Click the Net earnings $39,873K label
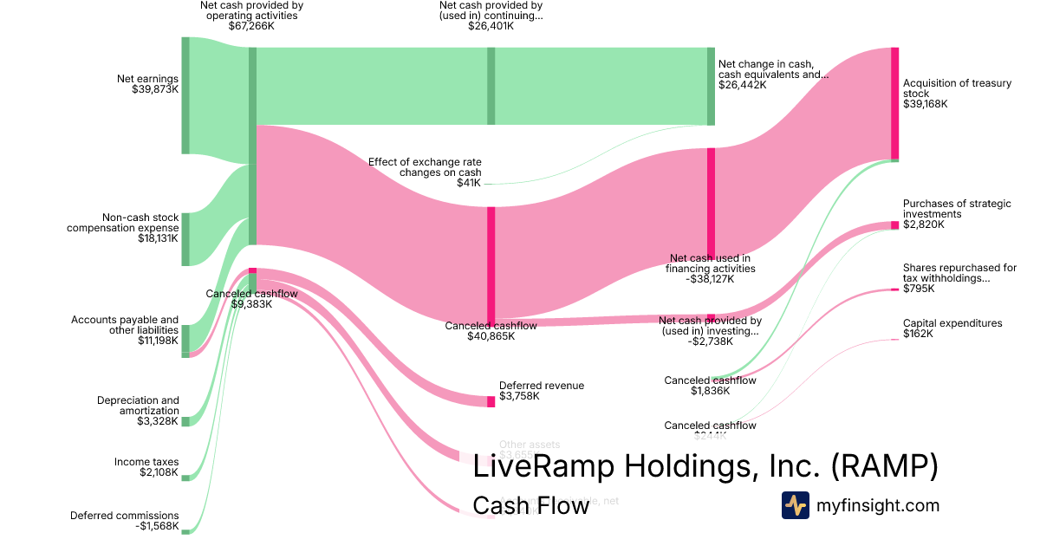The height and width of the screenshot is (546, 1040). (147, 84)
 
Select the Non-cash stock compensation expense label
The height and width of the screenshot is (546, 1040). (122, 228)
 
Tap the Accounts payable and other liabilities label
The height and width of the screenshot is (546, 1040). (125, 330)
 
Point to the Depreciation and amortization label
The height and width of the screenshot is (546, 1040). (138, 411)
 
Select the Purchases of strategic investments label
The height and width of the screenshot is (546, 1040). (957, 214)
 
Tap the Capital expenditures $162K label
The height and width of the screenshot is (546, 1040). (952, 328)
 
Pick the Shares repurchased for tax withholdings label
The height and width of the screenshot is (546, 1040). (959, 278)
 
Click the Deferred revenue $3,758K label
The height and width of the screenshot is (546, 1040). (542, 391)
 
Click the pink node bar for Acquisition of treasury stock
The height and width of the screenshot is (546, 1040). (894, 103)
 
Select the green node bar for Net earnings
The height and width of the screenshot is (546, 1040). (185, 95)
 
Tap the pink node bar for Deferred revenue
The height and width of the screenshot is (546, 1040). (490, 400)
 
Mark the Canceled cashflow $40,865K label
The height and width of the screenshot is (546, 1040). (491, 330)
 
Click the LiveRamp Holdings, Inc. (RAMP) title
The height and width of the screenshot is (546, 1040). (705, 466)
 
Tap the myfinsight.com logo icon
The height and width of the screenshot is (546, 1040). (795, 505)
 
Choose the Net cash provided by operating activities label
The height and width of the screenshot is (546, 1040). (251, 16)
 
